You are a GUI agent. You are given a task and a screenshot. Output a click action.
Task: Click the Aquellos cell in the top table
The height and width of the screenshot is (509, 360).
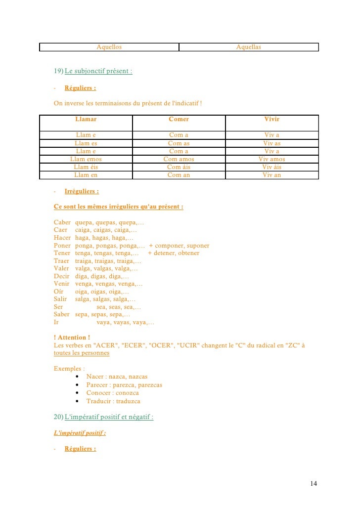pyautogui.click(x=109, y=47)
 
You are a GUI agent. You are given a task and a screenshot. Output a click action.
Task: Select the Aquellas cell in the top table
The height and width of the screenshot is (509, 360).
pyautogui.click(x=249, y=47)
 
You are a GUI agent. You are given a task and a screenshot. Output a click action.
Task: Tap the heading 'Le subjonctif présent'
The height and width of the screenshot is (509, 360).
pyautogui.click(x=98, y=71)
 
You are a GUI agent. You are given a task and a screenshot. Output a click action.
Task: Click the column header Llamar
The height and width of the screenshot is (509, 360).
pyautogui.click(x=86, y=119)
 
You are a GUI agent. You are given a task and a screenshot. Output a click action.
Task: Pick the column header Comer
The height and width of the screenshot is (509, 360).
pyautogui.click(x=179, y=119)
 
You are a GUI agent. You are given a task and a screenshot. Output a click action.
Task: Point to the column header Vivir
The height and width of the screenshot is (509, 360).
pyautogui.click(x=271, y=119)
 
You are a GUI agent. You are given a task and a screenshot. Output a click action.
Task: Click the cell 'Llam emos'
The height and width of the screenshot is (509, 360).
pyautogui.click(x=86, y=159)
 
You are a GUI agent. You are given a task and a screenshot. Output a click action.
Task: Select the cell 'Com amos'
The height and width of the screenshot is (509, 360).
pyautogui.click(x=179, y=159)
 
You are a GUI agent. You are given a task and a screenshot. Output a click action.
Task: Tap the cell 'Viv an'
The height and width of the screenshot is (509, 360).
pyautogui.click(x=271, y=175)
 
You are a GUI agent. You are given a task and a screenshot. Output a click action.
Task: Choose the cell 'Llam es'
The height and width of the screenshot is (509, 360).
pyautogui.click(x=86, y=143)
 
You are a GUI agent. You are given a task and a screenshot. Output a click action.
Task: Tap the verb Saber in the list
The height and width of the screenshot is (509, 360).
pyautogui.click(x=62, y=314)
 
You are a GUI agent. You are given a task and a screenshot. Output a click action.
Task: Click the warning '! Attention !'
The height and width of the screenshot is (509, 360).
pyautogui.click(x=72, y=338)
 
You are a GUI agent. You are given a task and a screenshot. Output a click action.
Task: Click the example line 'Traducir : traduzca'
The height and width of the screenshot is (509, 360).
pyautogui.click(x=113, y=401)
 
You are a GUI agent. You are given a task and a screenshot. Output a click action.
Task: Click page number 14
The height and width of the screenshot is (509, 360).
pyautogui.click(x=314, y=483)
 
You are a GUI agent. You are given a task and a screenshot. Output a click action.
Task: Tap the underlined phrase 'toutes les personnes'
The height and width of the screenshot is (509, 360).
pyautogui.click(x=82, y=353)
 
